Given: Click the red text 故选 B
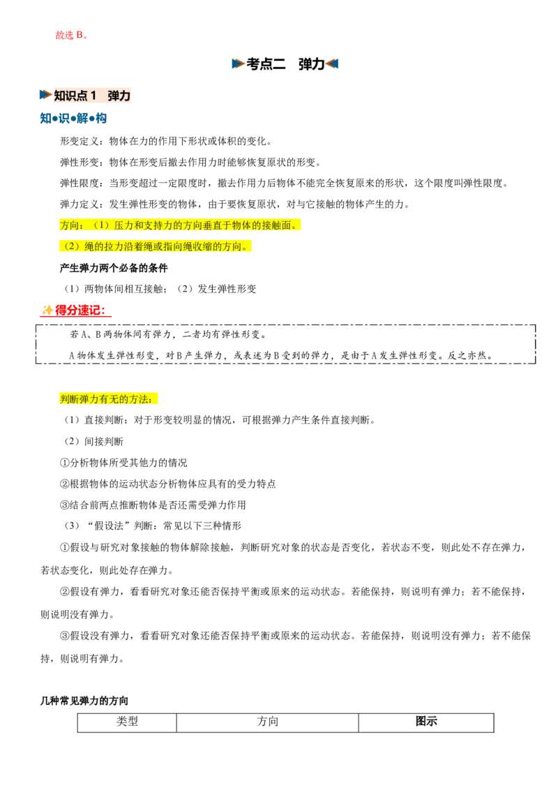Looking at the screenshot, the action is pos(72,35).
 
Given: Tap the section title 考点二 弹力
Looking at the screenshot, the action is pos(285,64).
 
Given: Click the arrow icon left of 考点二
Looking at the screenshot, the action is pos(239,64).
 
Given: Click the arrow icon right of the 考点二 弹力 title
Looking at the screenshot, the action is pos(332,64).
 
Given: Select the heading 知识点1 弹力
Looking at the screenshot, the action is pos(92,95).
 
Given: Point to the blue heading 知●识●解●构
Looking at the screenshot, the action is pos(73,119).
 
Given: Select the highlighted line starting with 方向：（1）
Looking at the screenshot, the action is pos(180,225).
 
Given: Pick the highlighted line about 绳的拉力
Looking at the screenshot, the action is pos(156,246).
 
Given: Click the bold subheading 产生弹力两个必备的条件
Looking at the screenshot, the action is pos(114,267).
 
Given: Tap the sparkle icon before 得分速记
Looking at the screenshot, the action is pos(47,311).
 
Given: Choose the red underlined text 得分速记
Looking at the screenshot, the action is pos(80,311).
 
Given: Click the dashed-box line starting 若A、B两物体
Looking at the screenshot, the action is pos(168,334).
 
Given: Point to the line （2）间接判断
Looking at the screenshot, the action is pos(93,441).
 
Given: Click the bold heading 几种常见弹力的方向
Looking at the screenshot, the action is pos(84,701).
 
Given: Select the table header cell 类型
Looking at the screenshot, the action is pos(127,722).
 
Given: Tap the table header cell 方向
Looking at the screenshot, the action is pos(267,722).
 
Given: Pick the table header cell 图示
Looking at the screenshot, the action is pos(426,722).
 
